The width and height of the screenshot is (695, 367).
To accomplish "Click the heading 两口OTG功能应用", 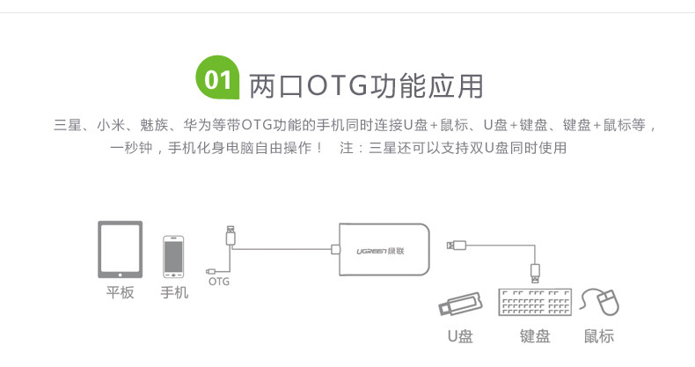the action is pyautogui.click(x=366, y=85).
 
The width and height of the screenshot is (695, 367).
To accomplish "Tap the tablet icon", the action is pyautogui.click(x=121, y=249).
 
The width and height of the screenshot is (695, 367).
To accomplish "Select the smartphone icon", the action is pyautogui.click(x=173, y=255).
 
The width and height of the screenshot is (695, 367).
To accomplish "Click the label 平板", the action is pyautogui.click(x=121, y=292).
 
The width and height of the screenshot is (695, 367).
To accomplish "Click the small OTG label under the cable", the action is pyautogui.click(x=218, y=282).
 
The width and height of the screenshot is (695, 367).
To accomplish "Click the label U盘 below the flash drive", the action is pyautogui.click(x=459, y=335).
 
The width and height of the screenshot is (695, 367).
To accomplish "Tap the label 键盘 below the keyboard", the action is pyautogui.click(x=535, y=335).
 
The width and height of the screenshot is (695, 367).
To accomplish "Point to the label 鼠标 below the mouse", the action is pyautogui.click(x=599, y=335).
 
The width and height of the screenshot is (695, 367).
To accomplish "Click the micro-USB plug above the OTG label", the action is pyautogui.click(x=212, y=269).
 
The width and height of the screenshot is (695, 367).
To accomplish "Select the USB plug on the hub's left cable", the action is pyautogui.click(x=230, y=235).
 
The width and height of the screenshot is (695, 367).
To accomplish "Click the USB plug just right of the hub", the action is pyautogui.click(x=457, y=245).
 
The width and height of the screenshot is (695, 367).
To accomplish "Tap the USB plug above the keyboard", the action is pyautogui.click(x=535, y=268).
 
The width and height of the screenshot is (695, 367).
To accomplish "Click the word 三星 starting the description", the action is pyautogui.click(x=67, y=125).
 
